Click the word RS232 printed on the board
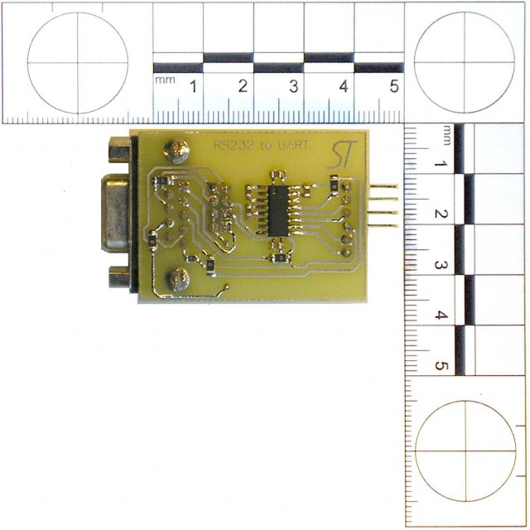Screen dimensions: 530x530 (228, 146)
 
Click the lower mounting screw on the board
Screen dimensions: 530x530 (175, 280)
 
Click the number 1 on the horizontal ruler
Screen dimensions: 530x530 (193, 86)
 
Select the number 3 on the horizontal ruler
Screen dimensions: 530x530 (293, 86)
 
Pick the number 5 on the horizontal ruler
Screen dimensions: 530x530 (393, 86)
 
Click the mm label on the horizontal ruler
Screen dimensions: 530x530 (164, 79)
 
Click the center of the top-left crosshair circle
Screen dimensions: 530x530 (77, 62)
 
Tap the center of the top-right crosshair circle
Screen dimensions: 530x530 (465, 62)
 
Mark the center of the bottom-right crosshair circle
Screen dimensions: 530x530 (465, 450)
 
